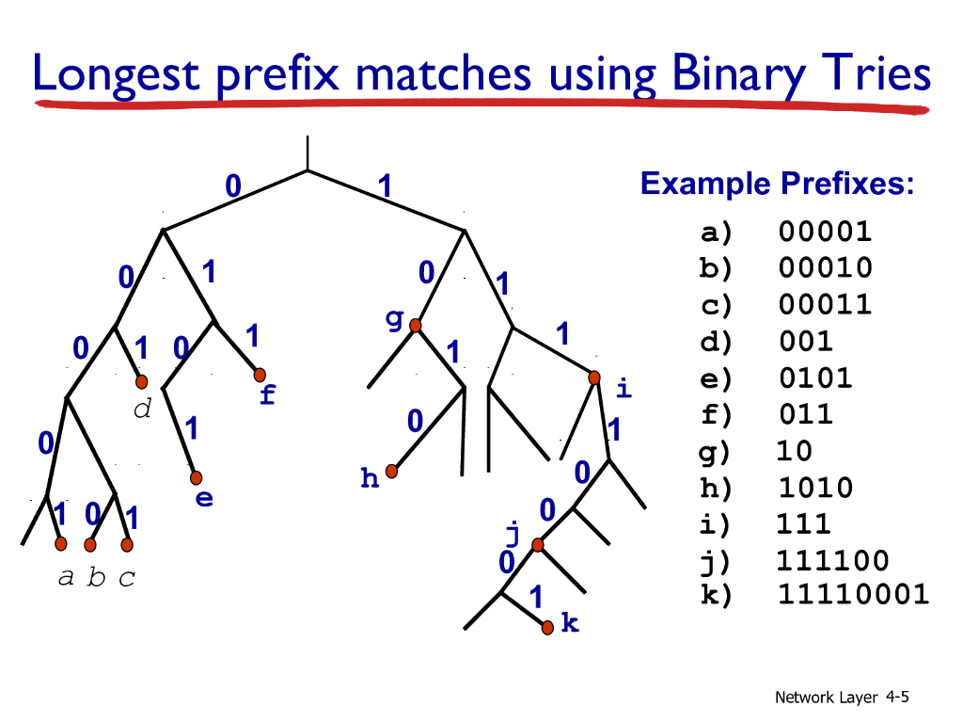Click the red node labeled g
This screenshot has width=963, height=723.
[x=414, y=326]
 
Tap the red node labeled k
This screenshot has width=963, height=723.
[x=548, y=625]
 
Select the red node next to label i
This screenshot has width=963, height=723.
[x=594, y=378]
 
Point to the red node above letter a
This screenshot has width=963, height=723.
[x=61, y=544]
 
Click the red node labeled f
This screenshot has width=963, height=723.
[x=260, y=375]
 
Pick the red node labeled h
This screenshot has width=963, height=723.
[x=391, y=471]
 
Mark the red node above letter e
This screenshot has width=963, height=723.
[x=197, y=477]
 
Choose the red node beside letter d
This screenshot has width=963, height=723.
[x=141, y=381]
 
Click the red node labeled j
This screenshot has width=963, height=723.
[x=537, y=545]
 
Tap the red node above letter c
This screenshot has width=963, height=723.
[x=127, y=544]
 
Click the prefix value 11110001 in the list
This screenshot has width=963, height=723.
[x=853, y=595]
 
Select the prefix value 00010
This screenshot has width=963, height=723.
[x=825, y=268]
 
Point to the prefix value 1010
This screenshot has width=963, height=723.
[x=815, y=488]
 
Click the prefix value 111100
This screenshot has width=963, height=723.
[x=832, y=561]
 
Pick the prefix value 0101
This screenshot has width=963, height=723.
[x=815, y=378]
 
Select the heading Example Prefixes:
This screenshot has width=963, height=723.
[x=777, y=184]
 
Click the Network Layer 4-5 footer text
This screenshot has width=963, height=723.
[x=842, y=698]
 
